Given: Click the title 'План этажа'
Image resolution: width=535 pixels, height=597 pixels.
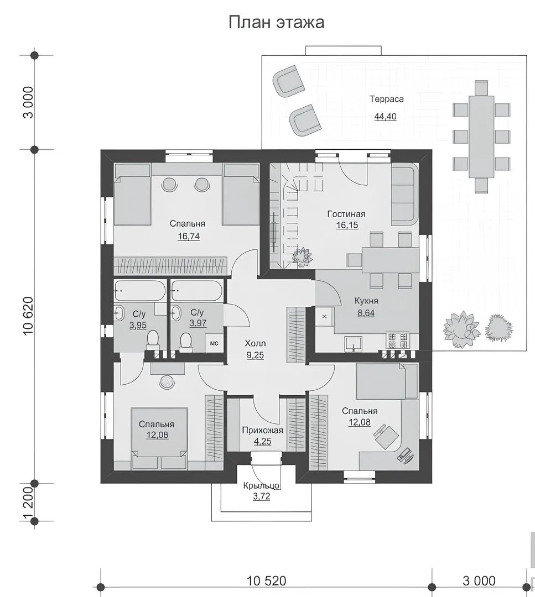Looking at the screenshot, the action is point(276,22).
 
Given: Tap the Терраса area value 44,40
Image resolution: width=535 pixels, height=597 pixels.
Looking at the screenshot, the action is point(385,117).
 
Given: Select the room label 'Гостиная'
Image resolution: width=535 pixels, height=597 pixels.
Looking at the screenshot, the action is point(346,214).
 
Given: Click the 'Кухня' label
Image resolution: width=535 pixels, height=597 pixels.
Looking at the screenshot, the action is point(366,301).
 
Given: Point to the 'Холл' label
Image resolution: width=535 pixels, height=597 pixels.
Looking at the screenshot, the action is point(255,343).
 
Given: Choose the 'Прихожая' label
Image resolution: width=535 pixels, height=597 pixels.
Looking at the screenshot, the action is point(263,431).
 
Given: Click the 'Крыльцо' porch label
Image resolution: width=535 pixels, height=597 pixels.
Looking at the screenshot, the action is point(261,486).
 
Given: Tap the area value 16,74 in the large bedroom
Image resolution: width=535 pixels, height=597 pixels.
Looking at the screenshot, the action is point(189,237).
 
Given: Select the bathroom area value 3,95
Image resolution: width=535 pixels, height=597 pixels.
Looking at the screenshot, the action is point(138,326).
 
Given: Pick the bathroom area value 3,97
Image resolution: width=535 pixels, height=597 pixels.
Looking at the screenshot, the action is point(198,323).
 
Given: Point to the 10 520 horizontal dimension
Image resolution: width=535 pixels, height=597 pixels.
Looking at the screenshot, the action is point(266,581).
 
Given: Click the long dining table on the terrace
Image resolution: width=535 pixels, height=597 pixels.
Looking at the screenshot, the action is point(481,137).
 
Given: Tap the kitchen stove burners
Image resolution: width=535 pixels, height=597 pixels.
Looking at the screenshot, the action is point(398,341).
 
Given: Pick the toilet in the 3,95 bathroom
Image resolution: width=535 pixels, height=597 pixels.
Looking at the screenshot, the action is point(153,340).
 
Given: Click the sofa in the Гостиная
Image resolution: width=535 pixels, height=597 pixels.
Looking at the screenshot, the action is point(405,193).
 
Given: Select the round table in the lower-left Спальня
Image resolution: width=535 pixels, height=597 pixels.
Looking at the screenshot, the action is point(167,382).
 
